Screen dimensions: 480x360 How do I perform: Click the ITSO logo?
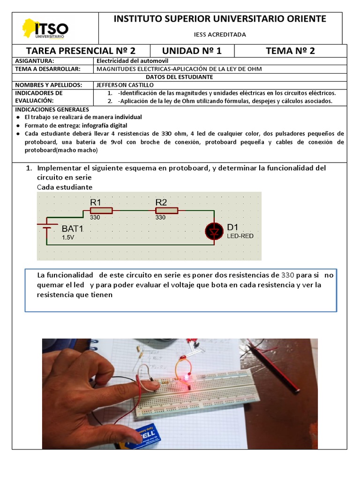(46, 29)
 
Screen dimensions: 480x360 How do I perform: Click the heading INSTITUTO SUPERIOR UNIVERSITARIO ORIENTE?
(220, 19)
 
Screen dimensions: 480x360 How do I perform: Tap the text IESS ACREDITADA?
(220, 35)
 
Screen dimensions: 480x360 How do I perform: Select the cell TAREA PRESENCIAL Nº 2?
(81, 51)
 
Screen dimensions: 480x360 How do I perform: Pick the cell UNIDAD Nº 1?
(192, 51)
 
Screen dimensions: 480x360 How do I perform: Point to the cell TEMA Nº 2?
(290, 51)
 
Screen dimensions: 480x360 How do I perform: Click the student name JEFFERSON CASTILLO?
(125, 85)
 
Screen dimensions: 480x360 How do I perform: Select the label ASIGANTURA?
(35, 61)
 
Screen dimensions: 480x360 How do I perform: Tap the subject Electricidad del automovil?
(132, 61)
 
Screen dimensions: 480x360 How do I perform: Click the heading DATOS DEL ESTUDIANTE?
(179, 77)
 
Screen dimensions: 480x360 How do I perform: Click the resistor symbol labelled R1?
(102, 211)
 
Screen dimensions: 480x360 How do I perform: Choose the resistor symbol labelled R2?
(167, 211)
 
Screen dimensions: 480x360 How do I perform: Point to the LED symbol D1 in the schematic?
(215, 231)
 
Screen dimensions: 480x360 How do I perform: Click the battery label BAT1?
(72, 229)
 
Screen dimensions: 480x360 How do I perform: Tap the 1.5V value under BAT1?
(68, 238)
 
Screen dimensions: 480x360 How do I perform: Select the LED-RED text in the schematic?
(240, 236)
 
